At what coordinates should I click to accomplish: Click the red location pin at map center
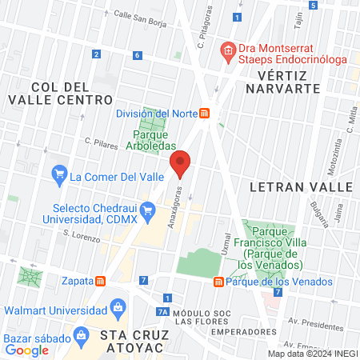coord(181,164)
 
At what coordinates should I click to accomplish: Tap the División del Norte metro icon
coord(206,114)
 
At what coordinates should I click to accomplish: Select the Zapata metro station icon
coord(101,281)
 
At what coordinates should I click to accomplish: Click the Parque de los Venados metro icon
coord(218,282)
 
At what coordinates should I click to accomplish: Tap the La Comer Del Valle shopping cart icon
coord(58,172)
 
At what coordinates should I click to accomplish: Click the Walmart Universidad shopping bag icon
coord(118,306)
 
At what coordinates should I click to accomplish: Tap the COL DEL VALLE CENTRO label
coord(59,93)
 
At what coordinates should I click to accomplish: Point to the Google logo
coord(27,349)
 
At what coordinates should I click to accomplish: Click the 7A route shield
coord(162,313)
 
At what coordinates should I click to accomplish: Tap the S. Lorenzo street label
coord(82,238)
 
